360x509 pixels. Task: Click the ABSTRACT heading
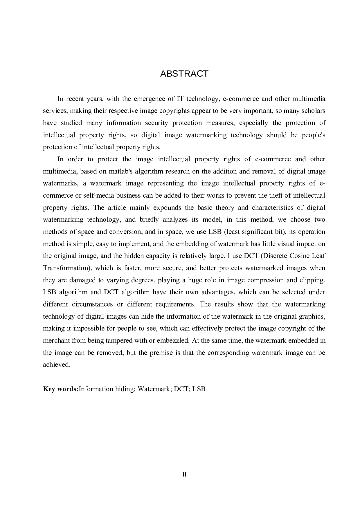coord(184,74)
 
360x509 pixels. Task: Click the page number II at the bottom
coord(184,475)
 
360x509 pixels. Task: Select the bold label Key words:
coord(60,389)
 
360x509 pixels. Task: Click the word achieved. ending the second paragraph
coord(57,365)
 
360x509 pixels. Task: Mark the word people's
coord(313,135)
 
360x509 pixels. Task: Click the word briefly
coord(149,220)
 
